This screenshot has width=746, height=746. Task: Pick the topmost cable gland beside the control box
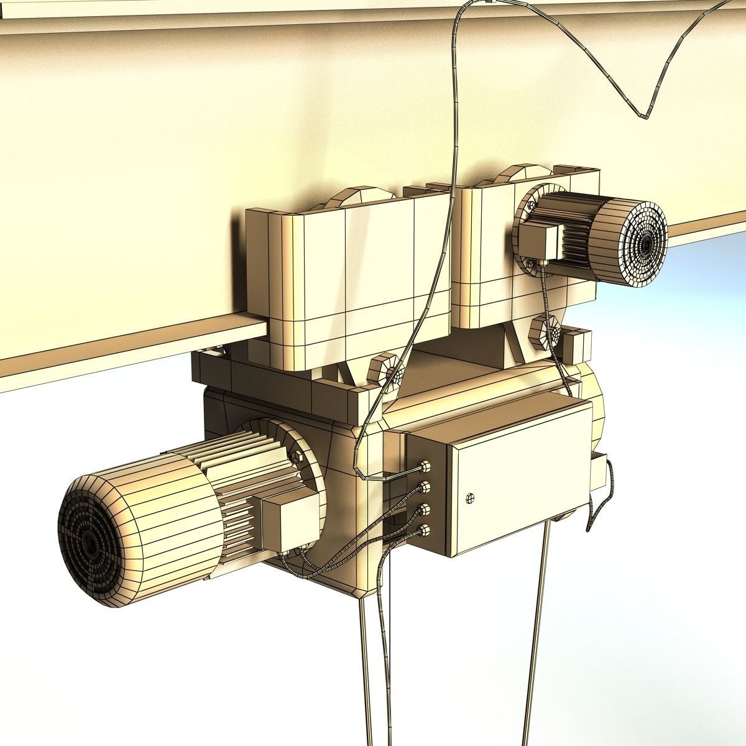coord(426,466)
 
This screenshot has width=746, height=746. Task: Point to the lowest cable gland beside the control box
coord(426,530)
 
